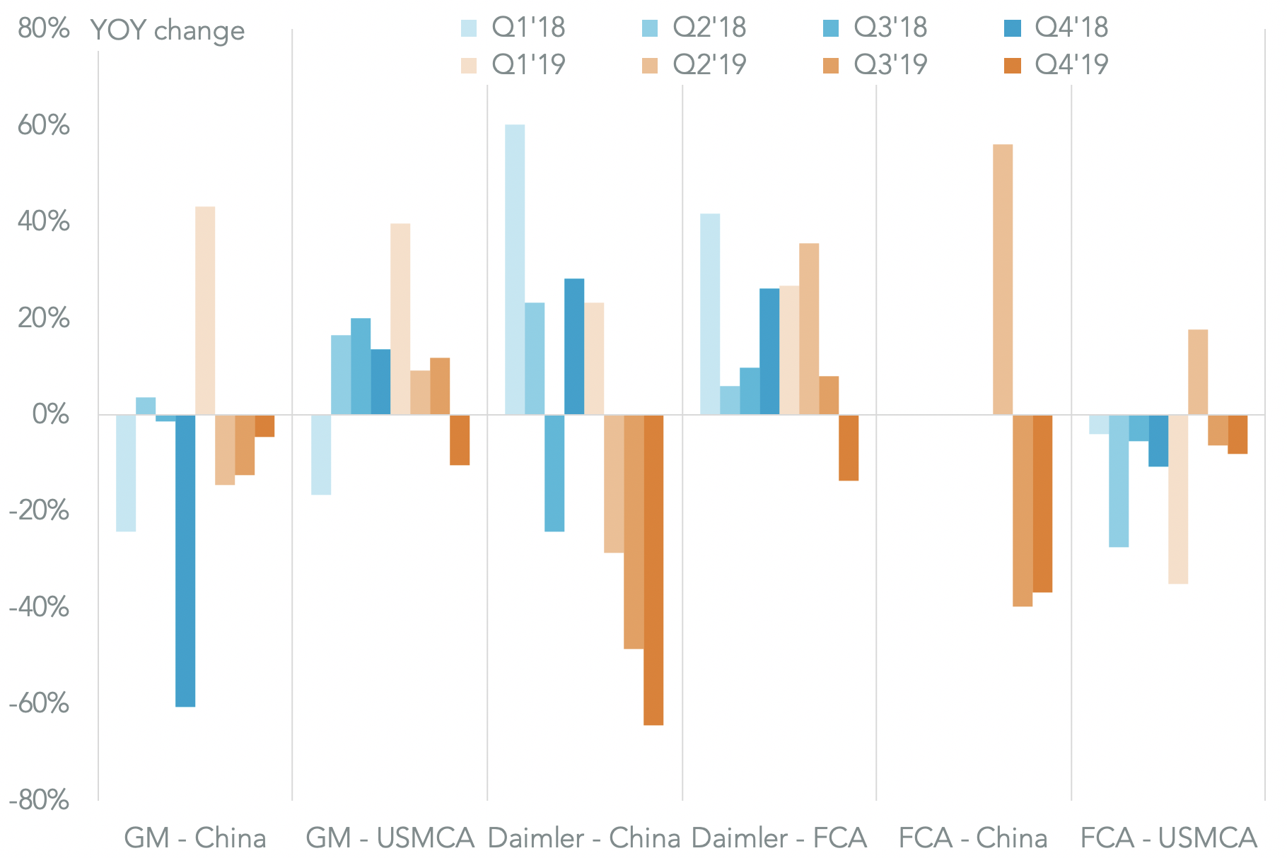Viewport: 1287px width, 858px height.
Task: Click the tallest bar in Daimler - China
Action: [515, 269]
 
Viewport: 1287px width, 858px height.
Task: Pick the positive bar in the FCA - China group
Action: [1003, 279]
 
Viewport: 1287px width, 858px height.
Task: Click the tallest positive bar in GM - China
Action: [205, 310]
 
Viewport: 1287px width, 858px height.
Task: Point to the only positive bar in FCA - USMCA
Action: [1198, 372]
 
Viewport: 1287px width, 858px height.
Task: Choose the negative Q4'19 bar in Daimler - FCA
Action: [849, 447]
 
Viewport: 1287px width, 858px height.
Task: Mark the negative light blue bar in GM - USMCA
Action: [321, 454]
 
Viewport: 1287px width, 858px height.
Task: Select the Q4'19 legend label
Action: [1071, 65]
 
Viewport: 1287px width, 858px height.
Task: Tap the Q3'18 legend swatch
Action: [831, 28]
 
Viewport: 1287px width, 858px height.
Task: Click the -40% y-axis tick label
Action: [39, 607]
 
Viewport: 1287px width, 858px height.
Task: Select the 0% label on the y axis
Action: [51, 414]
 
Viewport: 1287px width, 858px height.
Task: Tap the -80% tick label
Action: [39, 800]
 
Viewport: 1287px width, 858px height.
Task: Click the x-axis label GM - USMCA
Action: [390, 838]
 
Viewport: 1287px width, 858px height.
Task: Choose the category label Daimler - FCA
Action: [779, 838]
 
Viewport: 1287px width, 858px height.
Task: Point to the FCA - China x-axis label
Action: [973, 838]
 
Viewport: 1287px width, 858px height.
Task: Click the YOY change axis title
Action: [168, 31]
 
